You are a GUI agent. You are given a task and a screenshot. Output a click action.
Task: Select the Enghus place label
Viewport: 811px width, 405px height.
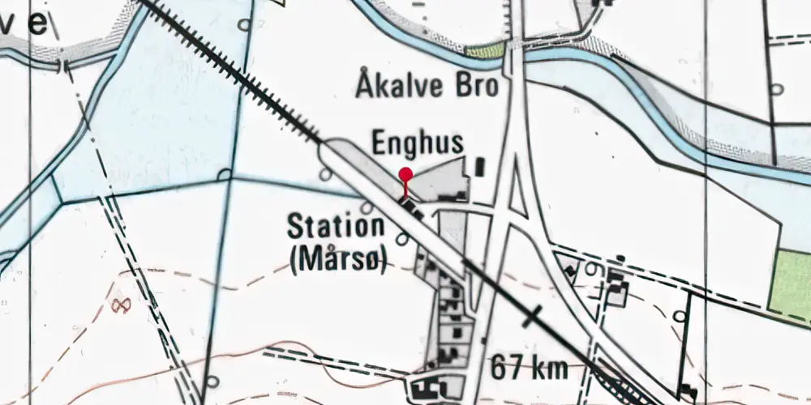[418, 143]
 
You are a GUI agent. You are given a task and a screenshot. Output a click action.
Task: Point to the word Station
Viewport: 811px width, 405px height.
[335, 227]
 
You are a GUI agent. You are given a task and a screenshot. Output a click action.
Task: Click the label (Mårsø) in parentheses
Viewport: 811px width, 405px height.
[338, 258]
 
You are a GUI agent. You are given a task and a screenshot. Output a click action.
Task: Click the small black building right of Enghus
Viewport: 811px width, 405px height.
[479, 167]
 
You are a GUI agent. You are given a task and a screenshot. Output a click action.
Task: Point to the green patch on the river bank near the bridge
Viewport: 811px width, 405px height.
[486, 51]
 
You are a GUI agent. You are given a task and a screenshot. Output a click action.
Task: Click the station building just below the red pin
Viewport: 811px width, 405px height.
[412, 209]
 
